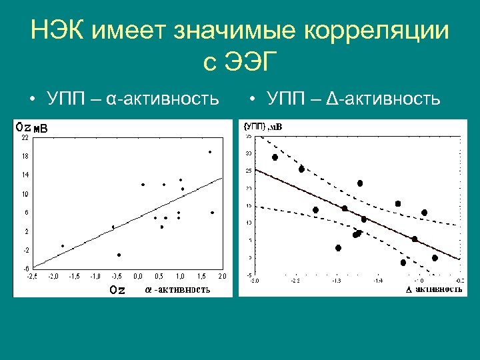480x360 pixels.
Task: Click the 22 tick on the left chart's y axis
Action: pyautogui.click(x=24, y=138)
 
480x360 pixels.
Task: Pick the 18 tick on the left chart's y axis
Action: pyautogui.click(x=24, y=157)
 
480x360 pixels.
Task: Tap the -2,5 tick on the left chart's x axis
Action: pyautogui.click(x=31, y=276)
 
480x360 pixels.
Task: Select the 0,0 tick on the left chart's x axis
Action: pyautogui.click(x=138, y=276)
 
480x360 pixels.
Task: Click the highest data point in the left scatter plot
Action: pyautogui.click(x=210, y=152)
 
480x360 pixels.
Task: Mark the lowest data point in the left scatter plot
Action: pyautogui.click(x=119, y=255)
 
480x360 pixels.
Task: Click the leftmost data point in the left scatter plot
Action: pyautogui.click(x=63, y=246)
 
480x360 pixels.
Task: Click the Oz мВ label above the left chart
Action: pyautogui.click(x=32, y=127)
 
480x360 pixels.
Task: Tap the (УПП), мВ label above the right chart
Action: pyautogui.click(x=263, y=126)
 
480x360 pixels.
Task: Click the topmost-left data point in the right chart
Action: pyautogui.click(x=275, y=157)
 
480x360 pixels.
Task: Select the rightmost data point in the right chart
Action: pyautogui.click(x=435, y=258)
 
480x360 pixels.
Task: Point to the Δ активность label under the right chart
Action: pyautogui.click(x=434, y=289)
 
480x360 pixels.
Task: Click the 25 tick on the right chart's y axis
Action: pyautogui.click(x=249, y=171)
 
